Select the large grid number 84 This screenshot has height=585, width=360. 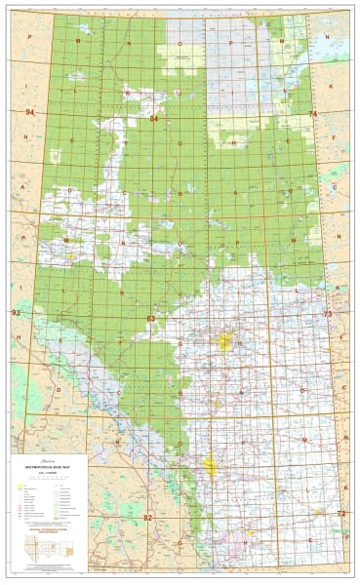[x=154, y=118]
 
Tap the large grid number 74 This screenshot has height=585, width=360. [x=312, y=114]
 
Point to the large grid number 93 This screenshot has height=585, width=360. [x=15, y=313]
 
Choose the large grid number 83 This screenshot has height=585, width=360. [x=150, y=319]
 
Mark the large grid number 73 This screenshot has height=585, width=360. [x=327, y=315]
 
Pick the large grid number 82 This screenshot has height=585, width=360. [x=147, y=516]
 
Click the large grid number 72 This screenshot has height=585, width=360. [x=340, y=513]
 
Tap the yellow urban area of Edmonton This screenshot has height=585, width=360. [x=227, y=342]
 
